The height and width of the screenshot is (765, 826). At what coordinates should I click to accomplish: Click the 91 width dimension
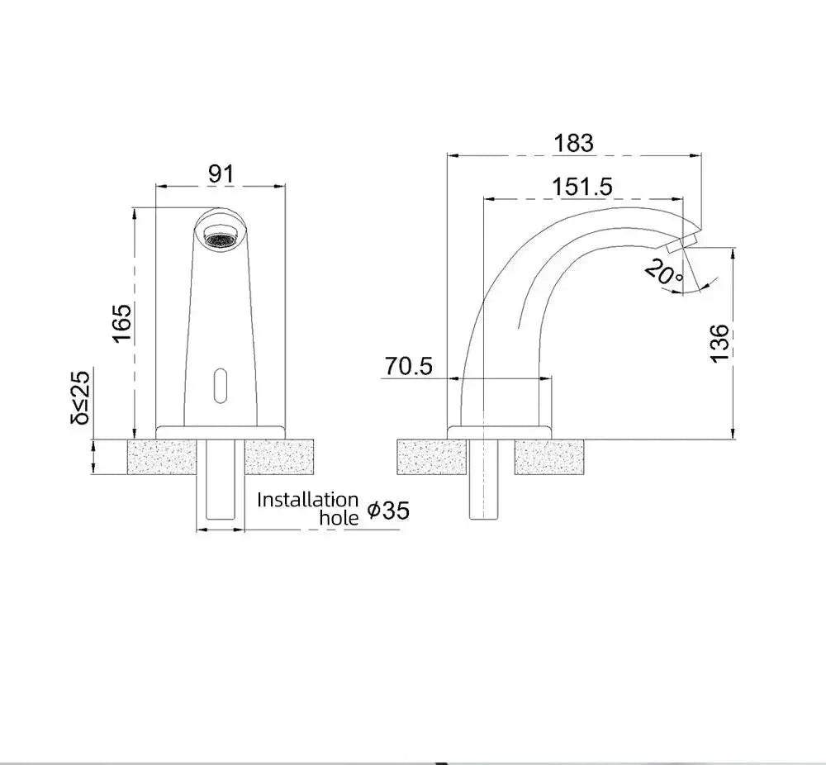pyautogui.click(x=221, y=174)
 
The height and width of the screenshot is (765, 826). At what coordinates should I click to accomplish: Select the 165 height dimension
pyautogui.click(x=122, y=323)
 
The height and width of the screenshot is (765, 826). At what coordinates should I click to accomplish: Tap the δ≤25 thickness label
pyautogui.click(x=81, y=397)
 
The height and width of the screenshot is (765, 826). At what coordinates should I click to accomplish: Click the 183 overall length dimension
pyautogui.click(x=574, y=143)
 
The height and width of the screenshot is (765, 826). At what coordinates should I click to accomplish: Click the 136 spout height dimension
pyautogui.click(x=719, y=343)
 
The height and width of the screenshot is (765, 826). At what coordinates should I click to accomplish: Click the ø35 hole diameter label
pyautogui.click(x=387, y=511)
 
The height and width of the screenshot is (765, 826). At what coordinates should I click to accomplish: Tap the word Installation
pyautogui.click(x=307, y=500)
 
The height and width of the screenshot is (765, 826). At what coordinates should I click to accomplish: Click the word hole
pyautogui.click(x=339, y=518)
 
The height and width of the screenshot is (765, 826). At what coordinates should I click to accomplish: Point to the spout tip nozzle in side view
pyautogui.click(x=682, y=243)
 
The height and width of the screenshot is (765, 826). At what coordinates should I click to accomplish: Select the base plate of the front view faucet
pyautogui.click(x=221, y=431)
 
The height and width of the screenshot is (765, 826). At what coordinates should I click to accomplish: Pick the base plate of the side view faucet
pyautogui.click(x=501, y=431)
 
